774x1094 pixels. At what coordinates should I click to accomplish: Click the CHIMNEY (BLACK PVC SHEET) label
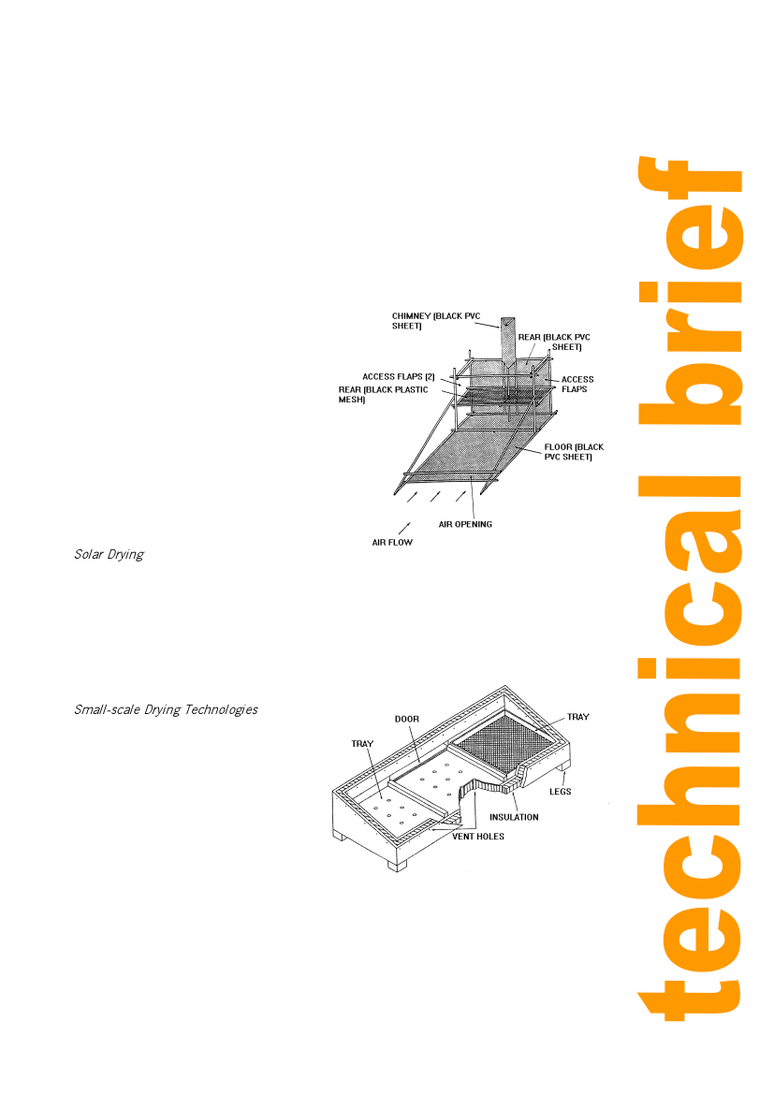pyautogui.click(x=436, y=321)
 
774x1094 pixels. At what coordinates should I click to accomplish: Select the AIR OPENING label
pyautogui.click(x=465, y=524)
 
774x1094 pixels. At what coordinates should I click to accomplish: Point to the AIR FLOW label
pyautogui.click(x=391, y=541)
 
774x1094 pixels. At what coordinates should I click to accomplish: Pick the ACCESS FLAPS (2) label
pyautogui.click(x=398, y=376)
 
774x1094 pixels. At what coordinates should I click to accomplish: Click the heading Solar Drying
pyautogui.click(x=109, y=554)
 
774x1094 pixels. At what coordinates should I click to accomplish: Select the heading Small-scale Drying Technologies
pyautogui.click(x=166, y=709)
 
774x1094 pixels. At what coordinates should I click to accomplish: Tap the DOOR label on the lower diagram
pyautogui.click(x=406, y=719)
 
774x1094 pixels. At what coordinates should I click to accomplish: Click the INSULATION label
pyautogui.click(x=514, y=817)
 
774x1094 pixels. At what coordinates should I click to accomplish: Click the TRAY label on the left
pyautogui.click(x=362, y=743)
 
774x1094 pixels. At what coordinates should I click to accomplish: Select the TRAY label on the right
pyautogui.click(x=577, y=717)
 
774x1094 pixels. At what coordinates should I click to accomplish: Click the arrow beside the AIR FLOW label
pyautogui.click(x=404, y=528)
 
